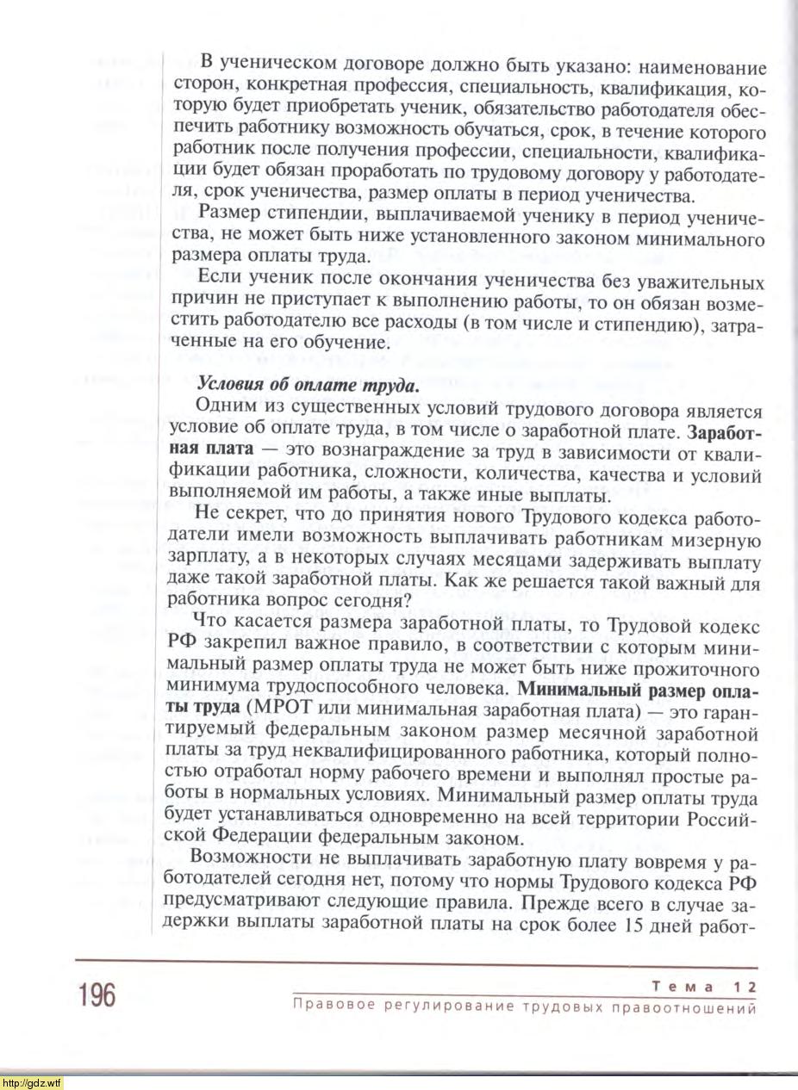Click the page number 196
click(x=95, y=996)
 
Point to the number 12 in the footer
click(x=745, y=986)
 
